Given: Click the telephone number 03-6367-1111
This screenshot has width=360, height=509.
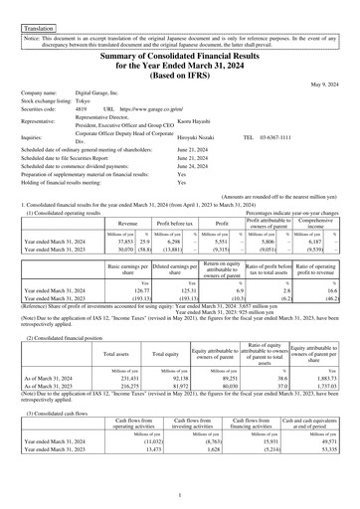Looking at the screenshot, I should [x=298, y=139].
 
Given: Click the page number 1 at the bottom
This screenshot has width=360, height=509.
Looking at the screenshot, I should [x=180, y=494].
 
